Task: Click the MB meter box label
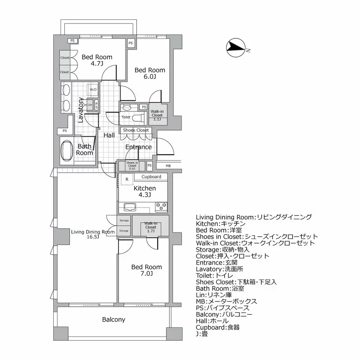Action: point(168,166)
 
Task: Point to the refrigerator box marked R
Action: point(127,179)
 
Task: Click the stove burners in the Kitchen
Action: point(161,205)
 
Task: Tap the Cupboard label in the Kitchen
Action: point(151,177)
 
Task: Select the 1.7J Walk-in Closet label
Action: point(151,227)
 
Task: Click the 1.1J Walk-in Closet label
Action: point(157,115)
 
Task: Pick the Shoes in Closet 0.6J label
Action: point(132,166)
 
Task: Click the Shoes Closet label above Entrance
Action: point(135,130)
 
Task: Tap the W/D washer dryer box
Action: point(93,90)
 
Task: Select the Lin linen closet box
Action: point(90,105)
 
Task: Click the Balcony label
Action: point(114,320)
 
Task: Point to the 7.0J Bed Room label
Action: point(147,270)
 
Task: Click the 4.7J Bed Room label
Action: point(97,60)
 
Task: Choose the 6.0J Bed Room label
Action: point(150,73)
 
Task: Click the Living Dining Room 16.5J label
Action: point(93,234)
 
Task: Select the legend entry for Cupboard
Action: point(218,327)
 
